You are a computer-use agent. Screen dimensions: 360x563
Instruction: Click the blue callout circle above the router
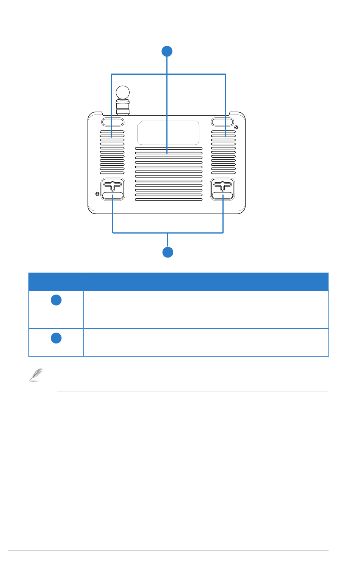[167, 51]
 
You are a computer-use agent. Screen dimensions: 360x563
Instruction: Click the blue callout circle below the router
[168, 252]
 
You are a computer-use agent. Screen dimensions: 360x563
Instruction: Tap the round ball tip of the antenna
[122, 92]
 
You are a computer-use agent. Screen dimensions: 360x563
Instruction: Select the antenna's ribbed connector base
[122, 107]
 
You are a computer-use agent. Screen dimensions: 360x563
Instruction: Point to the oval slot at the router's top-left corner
[113, 122]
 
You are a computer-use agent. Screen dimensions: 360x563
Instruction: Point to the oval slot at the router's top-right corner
[222, 122]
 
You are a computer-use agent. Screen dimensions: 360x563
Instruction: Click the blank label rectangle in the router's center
[168, 133]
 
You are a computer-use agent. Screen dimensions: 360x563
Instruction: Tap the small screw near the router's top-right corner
[237, 127]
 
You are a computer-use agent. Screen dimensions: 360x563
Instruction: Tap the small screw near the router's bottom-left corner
[97, 194]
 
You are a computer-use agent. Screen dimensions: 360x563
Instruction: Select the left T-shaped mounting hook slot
[113, 186]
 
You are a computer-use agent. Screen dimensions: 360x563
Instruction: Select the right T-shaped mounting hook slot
[222, 186]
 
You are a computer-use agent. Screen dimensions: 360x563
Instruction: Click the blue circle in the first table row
[56, 300]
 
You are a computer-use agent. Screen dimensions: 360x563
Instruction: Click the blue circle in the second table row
[56, 338]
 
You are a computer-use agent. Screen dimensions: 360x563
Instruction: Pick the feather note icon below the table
[36, 375]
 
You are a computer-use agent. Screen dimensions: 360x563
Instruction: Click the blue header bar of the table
[178, 281]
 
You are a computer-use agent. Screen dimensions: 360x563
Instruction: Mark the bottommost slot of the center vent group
[169, 199]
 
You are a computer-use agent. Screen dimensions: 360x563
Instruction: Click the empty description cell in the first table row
[205, 309]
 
